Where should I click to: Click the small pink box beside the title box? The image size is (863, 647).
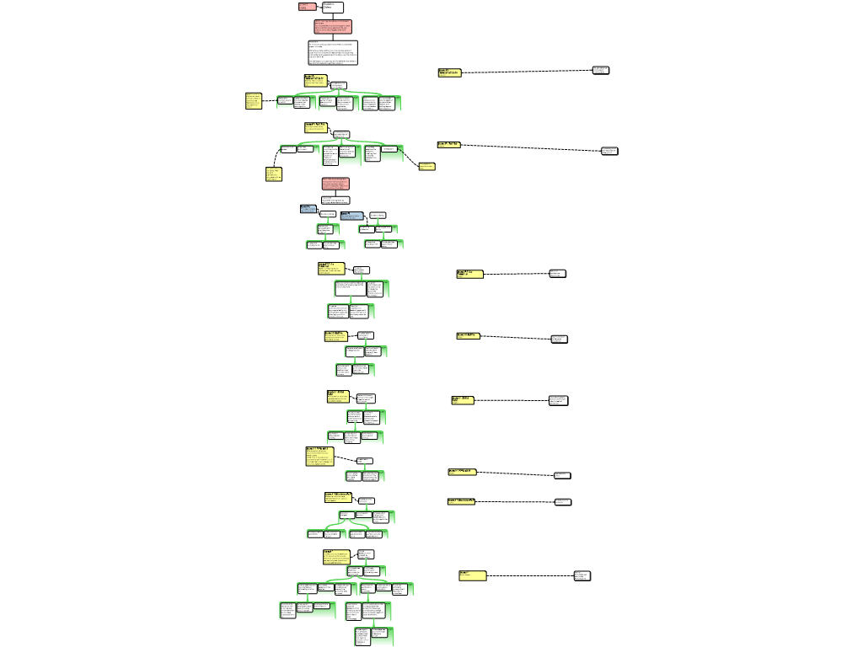pyautogui.click(x=307, y=7)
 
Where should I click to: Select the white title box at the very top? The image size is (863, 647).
pyautogui.click(x=332, y=7)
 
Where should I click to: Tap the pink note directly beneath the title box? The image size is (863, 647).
pyautogui.click(x=333, y=27)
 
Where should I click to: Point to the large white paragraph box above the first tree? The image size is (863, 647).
pyautogui.click(x=333, y=52)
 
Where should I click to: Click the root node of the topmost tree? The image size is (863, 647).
pyautogui.click(x=339, y=85)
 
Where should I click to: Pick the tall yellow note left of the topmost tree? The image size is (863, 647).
pyautogui.click(x=254, y=101)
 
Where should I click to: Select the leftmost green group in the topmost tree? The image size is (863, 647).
pyautogui.click(x=297, y=103)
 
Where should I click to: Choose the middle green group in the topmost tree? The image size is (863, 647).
pyautogui.click(x=338, y=104)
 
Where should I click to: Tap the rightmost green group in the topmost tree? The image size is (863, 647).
pyautogui.click(x=381, y=104)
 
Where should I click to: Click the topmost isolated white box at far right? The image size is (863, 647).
pyautogui.click(x=601, y=70)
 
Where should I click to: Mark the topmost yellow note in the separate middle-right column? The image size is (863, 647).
pyautogui.click(x=450, y=73)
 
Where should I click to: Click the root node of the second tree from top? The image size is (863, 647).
pyautogui.click(x=341, y=134)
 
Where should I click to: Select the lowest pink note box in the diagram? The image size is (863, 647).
pyautogui.click(x=335, y=184)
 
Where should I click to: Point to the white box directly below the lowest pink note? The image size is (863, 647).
pyautogui.click(x=335, y=201)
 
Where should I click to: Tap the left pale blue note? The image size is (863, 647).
pyautogui.click(x=308, y=209)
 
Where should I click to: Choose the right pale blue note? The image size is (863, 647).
pyautogui.click(x=352, y=216)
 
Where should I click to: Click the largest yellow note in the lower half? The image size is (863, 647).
pyautogui.click(x=319, y=457)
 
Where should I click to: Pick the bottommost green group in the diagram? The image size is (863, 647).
pyautogui.click(x=374, y=636)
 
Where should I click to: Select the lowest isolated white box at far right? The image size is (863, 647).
pyautogui.click(x=582, y=576)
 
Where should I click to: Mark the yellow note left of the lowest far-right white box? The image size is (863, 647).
pyautogui.click(x=473, y=576)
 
